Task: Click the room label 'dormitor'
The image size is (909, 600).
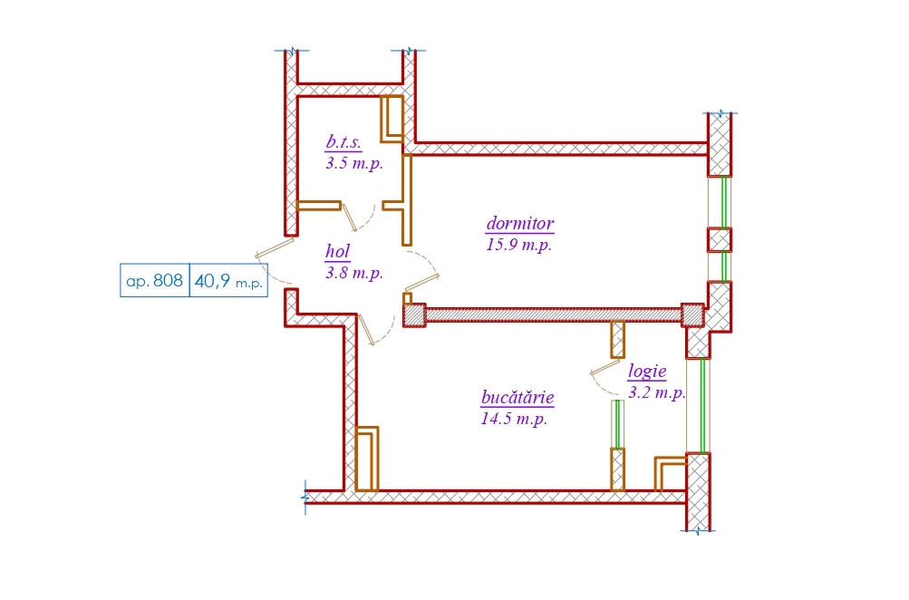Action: tap(520, 223)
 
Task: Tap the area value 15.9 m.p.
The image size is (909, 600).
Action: tap(519, 244)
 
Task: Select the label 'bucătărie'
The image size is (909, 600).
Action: tap(517, 397)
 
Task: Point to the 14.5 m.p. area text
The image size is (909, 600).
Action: tap(514, 418)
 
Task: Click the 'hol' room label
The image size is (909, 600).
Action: tap(337, 251)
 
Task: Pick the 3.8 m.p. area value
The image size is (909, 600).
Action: tap(354, 273)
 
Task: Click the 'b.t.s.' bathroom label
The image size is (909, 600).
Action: tap(343, 141)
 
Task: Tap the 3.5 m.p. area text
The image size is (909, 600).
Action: tap(354, 163)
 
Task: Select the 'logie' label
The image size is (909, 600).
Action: tap(647, 371)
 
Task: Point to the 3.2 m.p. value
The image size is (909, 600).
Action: tap(657, 392)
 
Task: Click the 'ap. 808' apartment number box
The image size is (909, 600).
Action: tap(155, 281)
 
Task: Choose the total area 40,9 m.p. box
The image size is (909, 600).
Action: tap(228, 281)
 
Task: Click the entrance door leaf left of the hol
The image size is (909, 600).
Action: tap(275, 247)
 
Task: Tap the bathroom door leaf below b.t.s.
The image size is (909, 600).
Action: tap(350, 218)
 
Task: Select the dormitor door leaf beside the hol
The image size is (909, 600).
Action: tap(421, 282)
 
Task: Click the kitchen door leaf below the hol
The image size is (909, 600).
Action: tap(367, 330)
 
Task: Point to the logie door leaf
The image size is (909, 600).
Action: tap(605, 368)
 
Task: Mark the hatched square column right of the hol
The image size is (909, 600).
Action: tap(414, 315)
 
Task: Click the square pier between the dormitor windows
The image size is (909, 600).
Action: tap(720, 240)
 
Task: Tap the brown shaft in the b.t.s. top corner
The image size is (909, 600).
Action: tap(392, 119)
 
